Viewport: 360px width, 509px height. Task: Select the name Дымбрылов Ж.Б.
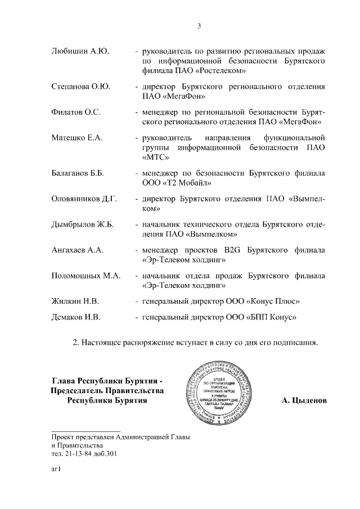click(82, 224)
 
